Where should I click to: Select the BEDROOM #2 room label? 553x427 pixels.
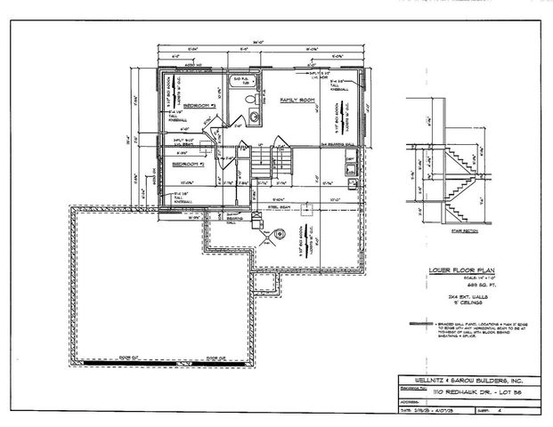tap(188, 165)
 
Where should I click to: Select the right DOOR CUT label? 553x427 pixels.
tap(216, 359)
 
